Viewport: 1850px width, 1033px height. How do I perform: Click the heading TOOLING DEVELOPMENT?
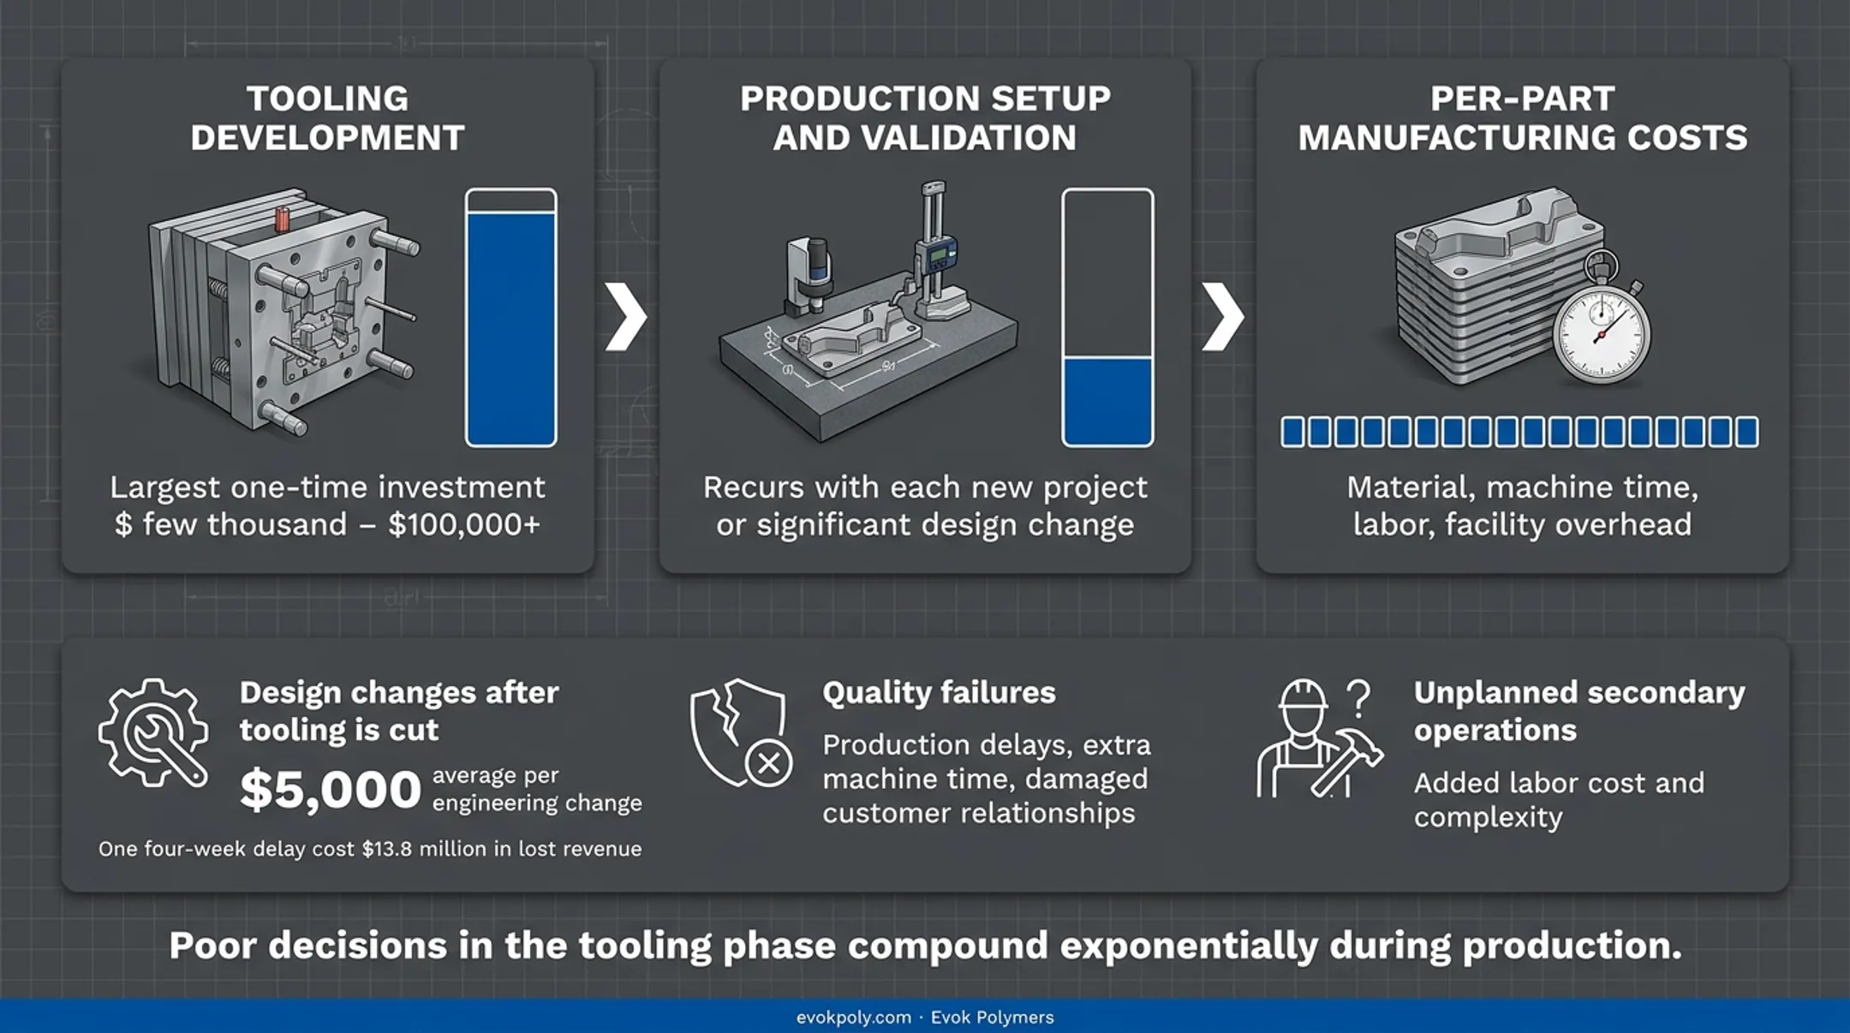[327, 118]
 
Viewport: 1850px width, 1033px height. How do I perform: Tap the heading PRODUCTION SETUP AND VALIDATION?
[925, 118]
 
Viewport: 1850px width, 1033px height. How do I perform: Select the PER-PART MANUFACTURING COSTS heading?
[1522, 118]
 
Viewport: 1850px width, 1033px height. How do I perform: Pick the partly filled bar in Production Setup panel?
[1107, 318]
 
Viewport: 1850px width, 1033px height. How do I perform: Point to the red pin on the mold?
[282, 218]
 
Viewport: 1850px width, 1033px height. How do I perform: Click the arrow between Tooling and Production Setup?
[626, 317]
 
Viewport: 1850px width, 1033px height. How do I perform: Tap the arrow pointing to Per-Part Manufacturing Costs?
[1222, 317]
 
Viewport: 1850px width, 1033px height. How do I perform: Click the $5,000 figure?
[331, 789]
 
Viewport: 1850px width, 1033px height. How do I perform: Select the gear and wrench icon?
[153, 732]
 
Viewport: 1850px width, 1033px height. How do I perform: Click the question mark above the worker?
[1358, 698]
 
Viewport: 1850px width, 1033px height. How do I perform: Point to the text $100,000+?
[464, 524]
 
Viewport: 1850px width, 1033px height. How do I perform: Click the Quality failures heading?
[939, 692]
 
